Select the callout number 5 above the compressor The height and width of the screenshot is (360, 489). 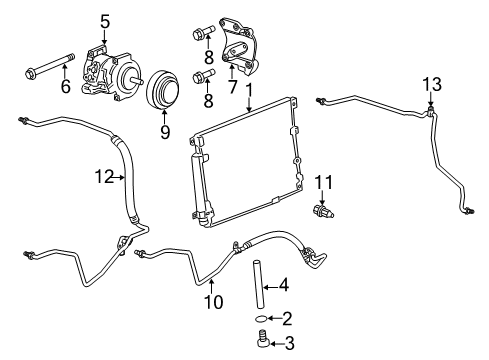click(x=105, y=18)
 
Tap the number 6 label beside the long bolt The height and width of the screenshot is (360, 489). click(x=66, y=87)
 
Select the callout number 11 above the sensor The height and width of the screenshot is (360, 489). click(x=322, y=181)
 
